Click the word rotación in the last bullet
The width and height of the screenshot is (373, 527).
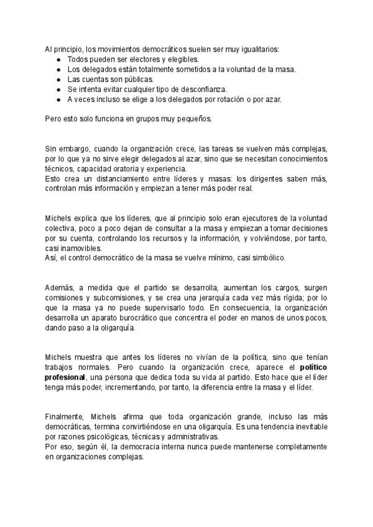pyautogui.click(x=213, y=99)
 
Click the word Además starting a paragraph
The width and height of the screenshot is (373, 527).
pyautogui.click(x=60, y=288)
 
